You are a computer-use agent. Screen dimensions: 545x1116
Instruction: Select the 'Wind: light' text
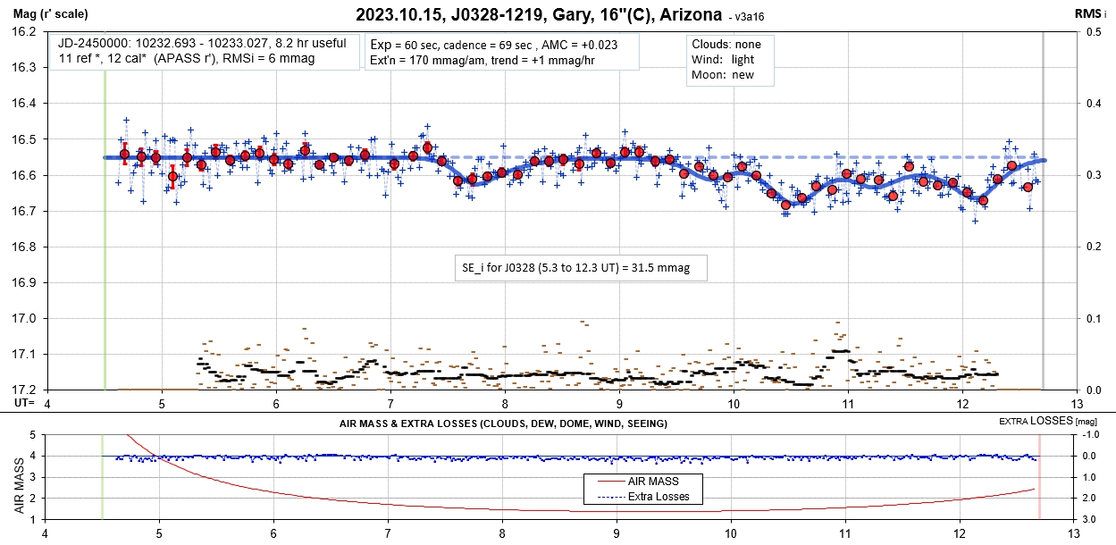722,59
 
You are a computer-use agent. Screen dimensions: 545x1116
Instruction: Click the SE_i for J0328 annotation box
581,267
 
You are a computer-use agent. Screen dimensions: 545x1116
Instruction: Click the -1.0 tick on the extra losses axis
1091,435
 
